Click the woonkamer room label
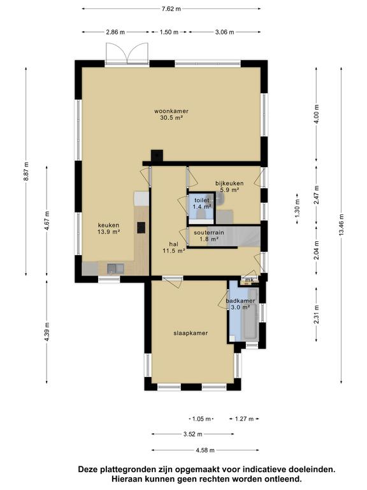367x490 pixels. [x=171, y=111]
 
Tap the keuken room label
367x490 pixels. [x=108, y=225]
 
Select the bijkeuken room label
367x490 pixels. [x=229, y=184]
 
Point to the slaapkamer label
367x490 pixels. [x=191, y=333]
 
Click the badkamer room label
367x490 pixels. [x=240, y=301]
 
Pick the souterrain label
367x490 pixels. [x=209, y=233]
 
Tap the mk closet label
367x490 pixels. [x=249, y=280]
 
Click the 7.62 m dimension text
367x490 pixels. [x=171, y=9]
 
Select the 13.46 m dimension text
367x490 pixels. [x=342, y=225]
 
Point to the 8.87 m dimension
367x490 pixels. [x=26, y=171]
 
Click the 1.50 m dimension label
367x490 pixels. [x=169, y=32]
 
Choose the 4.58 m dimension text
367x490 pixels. [x=205, y=450]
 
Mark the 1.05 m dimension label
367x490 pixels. [x=201, y=419]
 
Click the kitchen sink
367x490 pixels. [x=115, y=269]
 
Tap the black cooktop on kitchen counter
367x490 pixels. [x=141, y=228]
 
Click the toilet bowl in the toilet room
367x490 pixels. [x=200, y=214]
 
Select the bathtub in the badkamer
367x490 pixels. [x=250, y=314]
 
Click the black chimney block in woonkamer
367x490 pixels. [x=157, y=155]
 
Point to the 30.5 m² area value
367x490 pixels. [x=171, y=118]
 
